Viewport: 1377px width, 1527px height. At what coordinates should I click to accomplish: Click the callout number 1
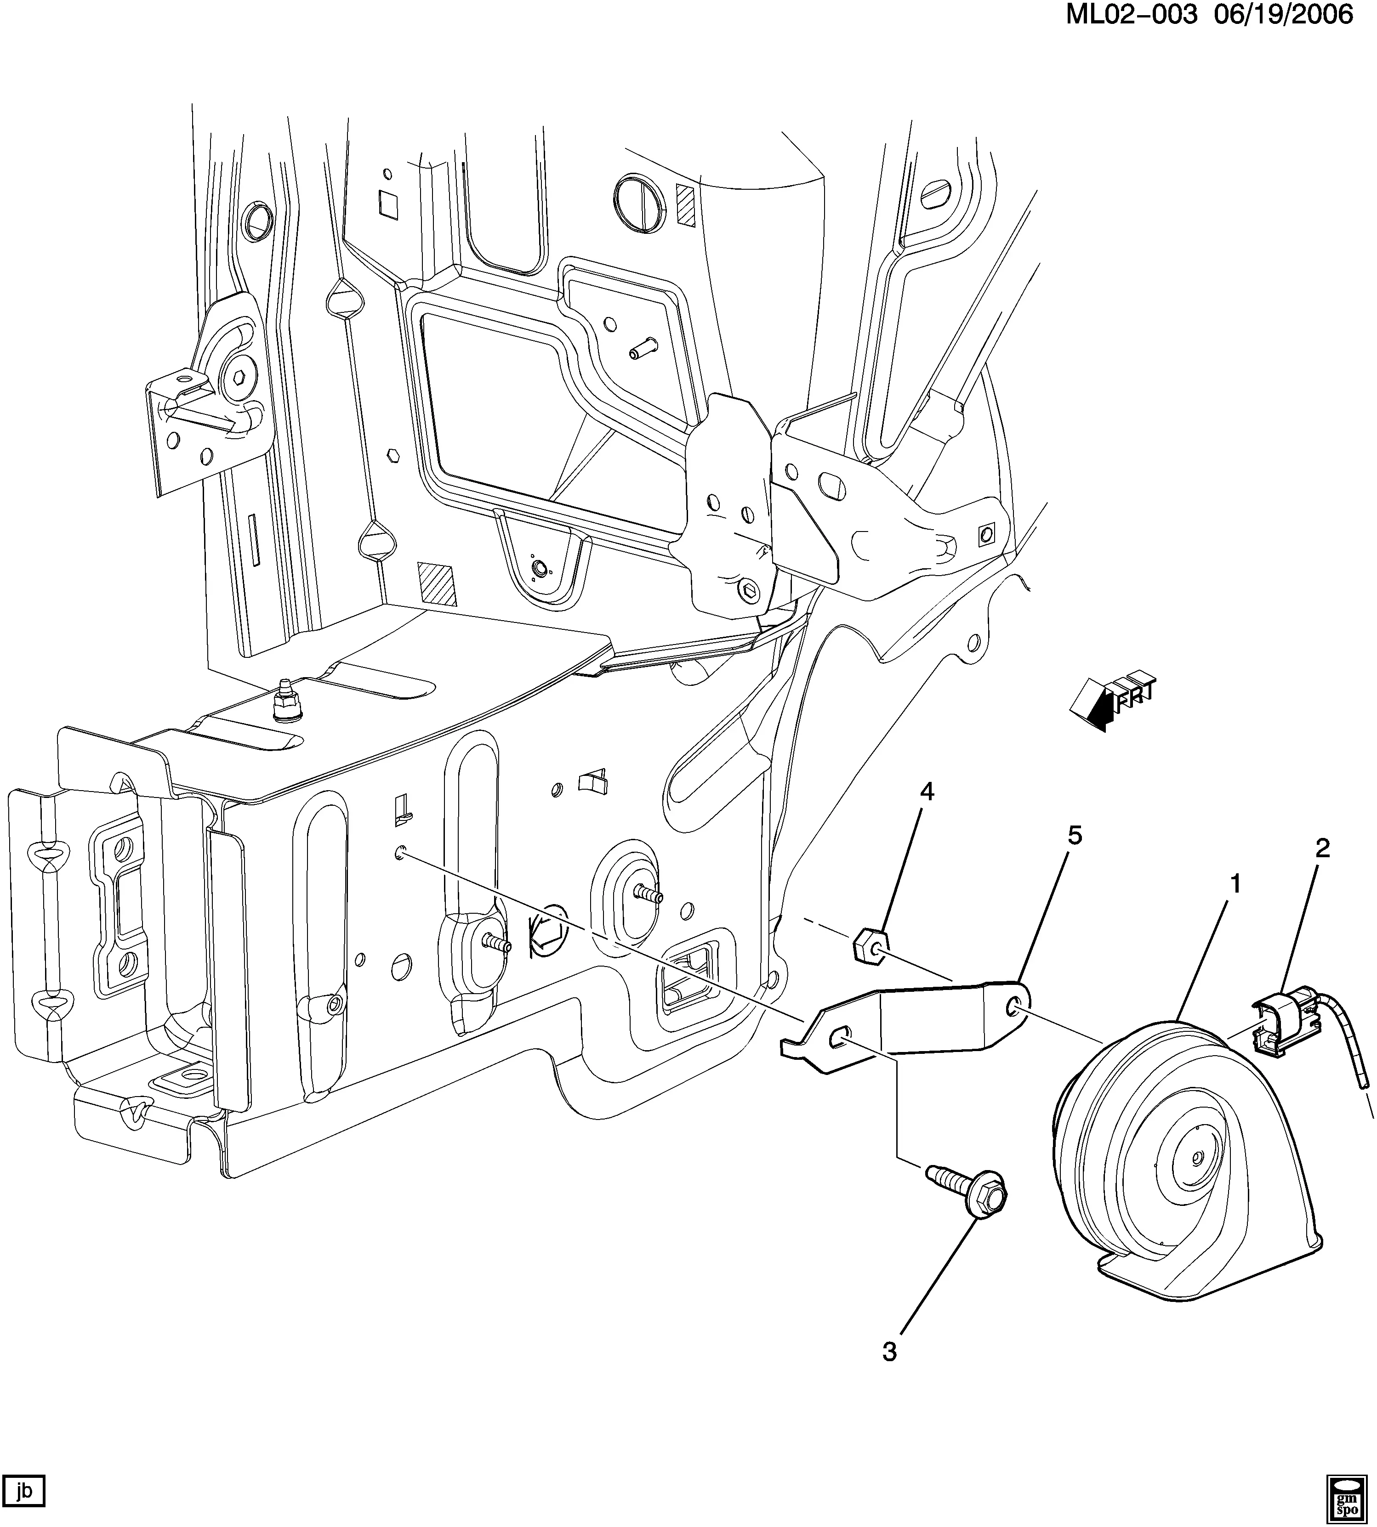coord(1235,883)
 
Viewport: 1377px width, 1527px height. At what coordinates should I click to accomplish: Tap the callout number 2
coord(1322,848)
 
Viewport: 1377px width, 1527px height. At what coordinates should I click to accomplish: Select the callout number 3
coord(890,1352)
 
